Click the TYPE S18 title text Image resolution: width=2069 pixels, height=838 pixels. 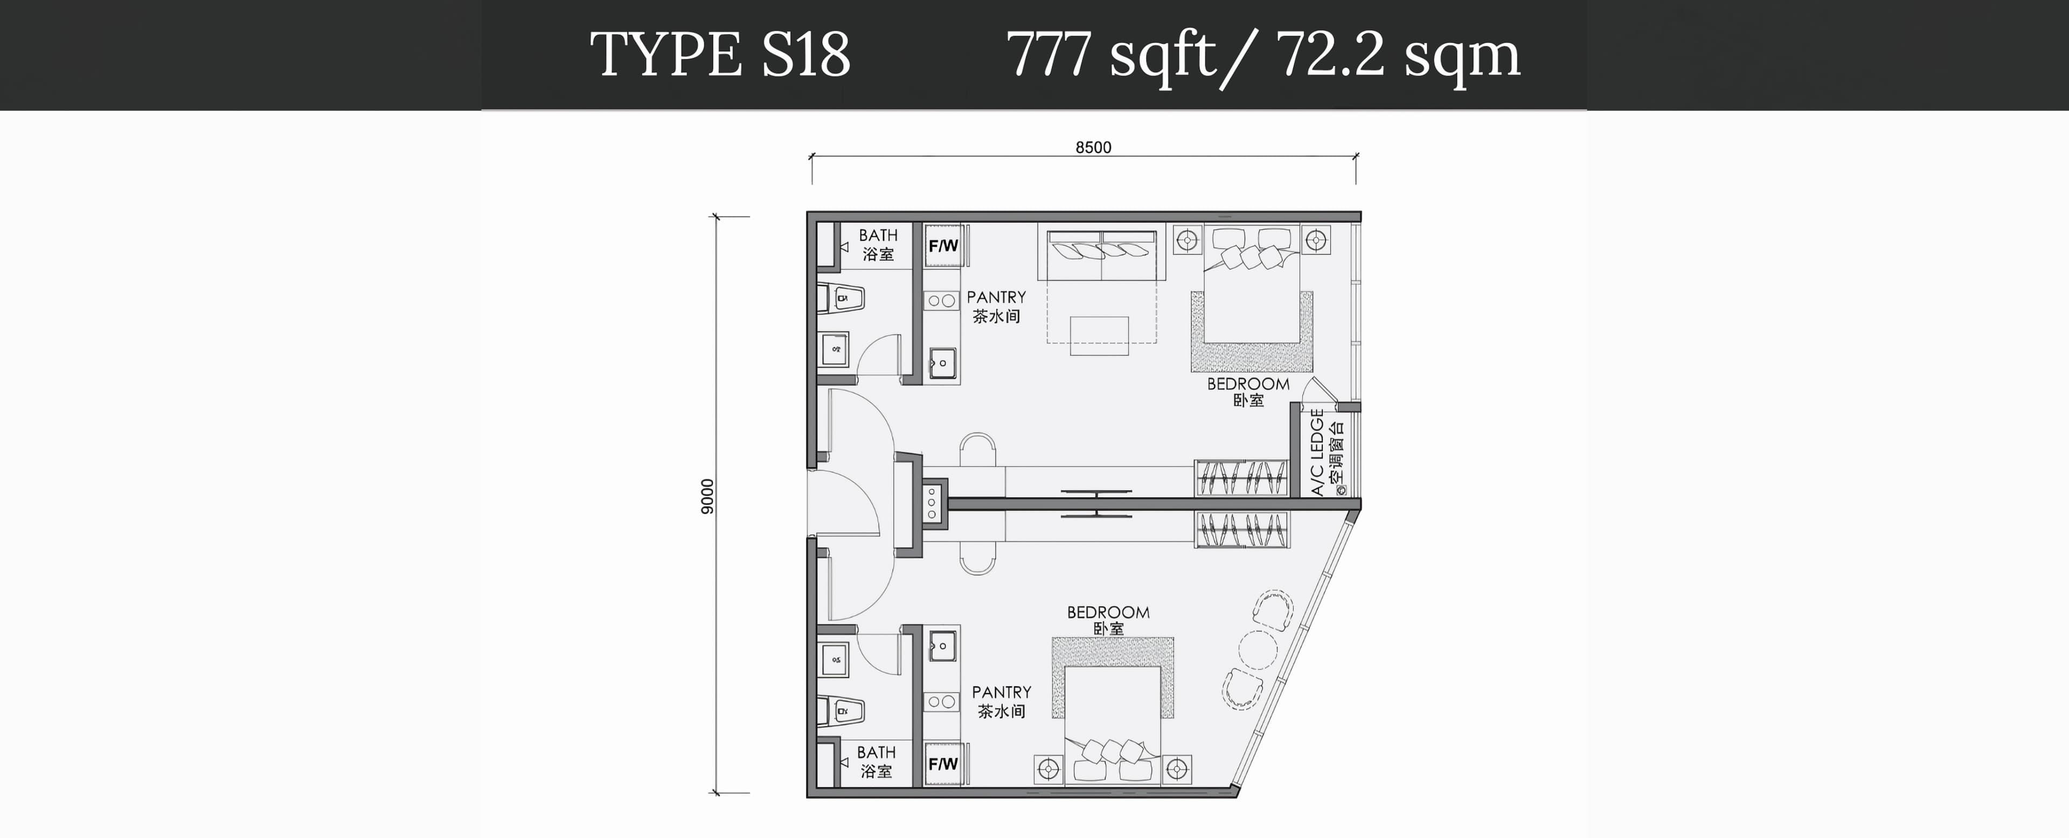point(720,54)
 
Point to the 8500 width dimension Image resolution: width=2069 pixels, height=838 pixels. point(1093,147)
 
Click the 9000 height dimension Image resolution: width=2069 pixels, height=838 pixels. point(707,496)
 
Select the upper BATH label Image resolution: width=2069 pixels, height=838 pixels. point(878,235)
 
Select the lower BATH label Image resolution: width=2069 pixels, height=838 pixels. point(876,752)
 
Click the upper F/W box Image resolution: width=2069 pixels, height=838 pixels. point(944,246)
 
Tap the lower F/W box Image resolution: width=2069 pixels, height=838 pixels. point(943,763)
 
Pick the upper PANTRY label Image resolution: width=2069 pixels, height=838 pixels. point(996,297)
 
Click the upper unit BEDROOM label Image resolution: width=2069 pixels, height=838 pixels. point(1248,383)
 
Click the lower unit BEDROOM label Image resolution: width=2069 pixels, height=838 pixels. point(1108,612)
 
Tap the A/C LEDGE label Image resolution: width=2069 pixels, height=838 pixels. point(1317,452)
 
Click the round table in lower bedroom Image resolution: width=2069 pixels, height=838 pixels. point(1257,650)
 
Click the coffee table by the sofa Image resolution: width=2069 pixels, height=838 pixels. point(1100,336)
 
